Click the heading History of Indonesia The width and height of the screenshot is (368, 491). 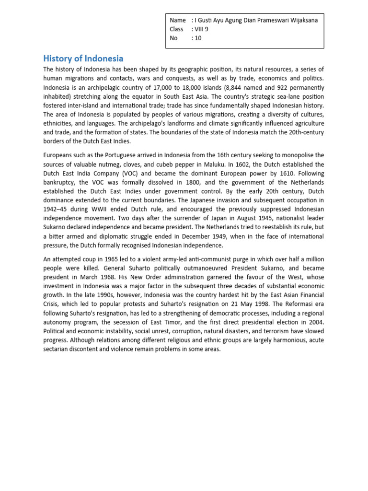point(83,58)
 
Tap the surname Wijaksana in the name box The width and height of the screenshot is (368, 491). point(301,20)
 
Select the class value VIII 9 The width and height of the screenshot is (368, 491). point(202,29)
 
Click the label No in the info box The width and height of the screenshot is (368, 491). point(174,38)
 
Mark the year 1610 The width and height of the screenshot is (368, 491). point(277,173)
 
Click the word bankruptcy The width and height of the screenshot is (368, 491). point(60,182)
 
